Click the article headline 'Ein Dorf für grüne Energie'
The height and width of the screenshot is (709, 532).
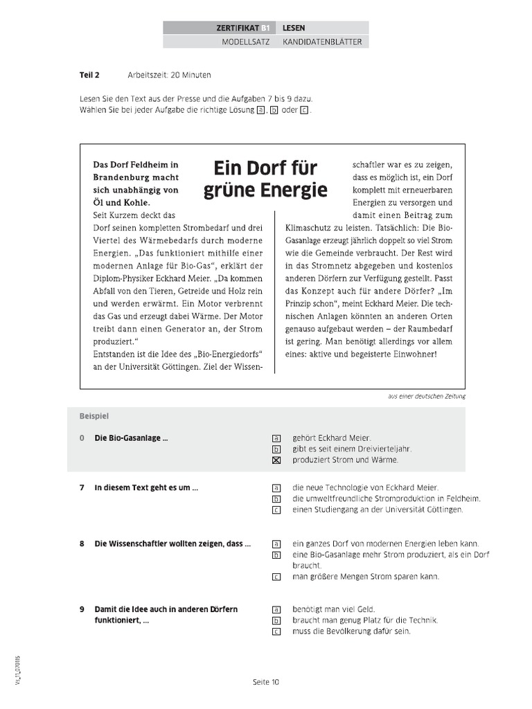click(265, 179)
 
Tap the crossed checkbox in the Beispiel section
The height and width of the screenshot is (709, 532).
click(276, 460)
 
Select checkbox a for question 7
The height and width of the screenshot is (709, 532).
click(276, 487)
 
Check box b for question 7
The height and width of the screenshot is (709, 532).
click(276, 499)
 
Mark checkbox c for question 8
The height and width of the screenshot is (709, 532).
click(276, 577)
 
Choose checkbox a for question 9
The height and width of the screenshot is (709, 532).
click(276, 609)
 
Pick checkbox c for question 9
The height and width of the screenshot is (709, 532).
click(276, 631)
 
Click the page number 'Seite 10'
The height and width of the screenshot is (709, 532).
click(265, 682)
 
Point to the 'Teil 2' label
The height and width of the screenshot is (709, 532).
click(89, 74)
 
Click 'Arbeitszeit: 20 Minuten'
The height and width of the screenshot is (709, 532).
click(169, 74)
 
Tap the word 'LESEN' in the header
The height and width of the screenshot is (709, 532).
click(294, 28)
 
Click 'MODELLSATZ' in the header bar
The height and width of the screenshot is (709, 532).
click(241, 42)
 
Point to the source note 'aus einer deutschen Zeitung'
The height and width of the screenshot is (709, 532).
click(427, 396)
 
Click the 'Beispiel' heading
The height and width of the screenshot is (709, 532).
click(94, 416)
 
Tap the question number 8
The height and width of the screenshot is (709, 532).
click(82, 544)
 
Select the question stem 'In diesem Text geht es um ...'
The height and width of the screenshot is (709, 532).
click(146, 487)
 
